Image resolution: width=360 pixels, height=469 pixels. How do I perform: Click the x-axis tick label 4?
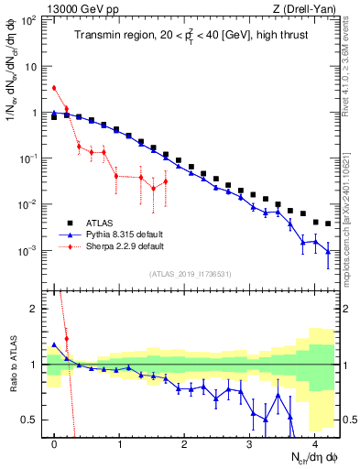315,443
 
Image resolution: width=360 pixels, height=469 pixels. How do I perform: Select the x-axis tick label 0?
55,443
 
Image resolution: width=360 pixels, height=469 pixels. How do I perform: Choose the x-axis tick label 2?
185,443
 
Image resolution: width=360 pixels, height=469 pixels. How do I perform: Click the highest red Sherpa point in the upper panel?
54,88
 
